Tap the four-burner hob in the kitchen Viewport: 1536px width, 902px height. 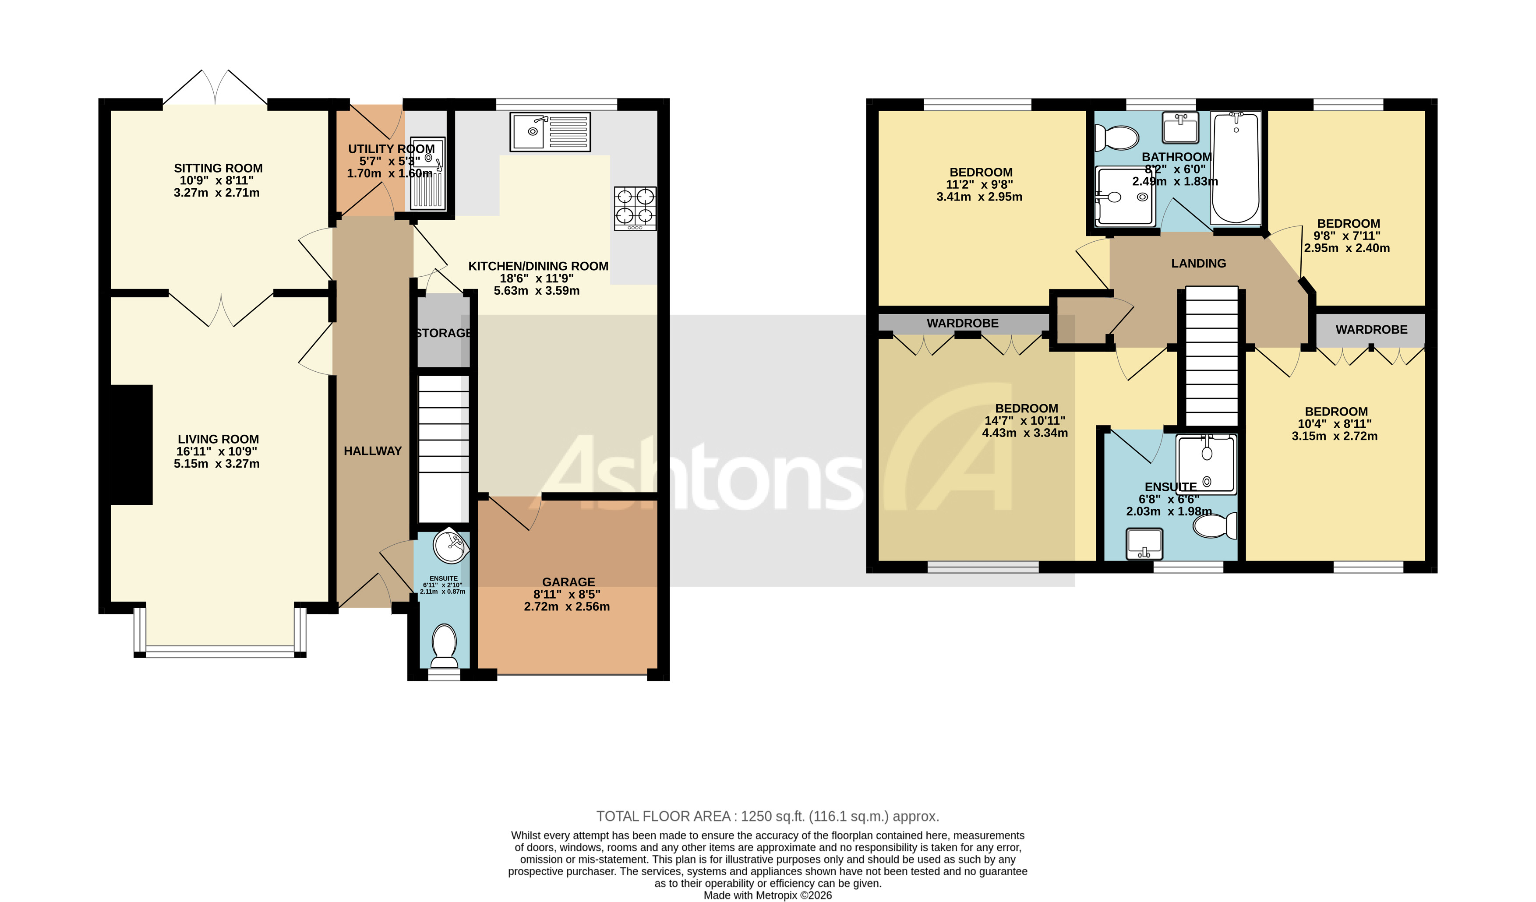coord(635,208)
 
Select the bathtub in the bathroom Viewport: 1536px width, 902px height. coord(1236,168)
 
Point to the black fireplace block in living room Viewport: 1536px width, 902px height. coord(132,444)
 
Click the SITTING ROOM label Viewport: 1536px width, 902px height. coord(218,168)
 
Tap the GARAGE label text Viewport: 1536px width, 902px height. coord(568,582)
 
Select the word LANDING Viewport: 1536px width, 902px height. coord(1198,263)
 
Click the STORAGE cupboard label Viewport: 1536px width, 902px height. coord(443,333)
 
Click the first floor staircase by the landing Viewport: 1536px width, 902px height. coord(1211,356)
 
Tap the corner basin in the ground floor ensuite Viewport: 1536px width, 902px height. coord(450,544)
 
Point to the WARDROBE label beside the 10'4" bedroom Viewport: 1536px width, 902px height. coord(1371,330)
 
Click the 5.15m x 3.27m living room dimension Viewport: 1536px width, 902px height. coord(216,464)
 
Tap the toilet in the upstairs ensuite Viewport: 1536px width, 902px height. coord(1215,525)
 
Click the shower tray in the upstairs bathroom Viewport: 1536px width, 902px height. coord(1125,196)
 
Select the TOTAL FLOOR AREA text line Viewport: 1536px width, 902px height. coord(767,816)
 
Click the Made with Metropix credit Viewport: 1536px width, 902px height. coord(767,895)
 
